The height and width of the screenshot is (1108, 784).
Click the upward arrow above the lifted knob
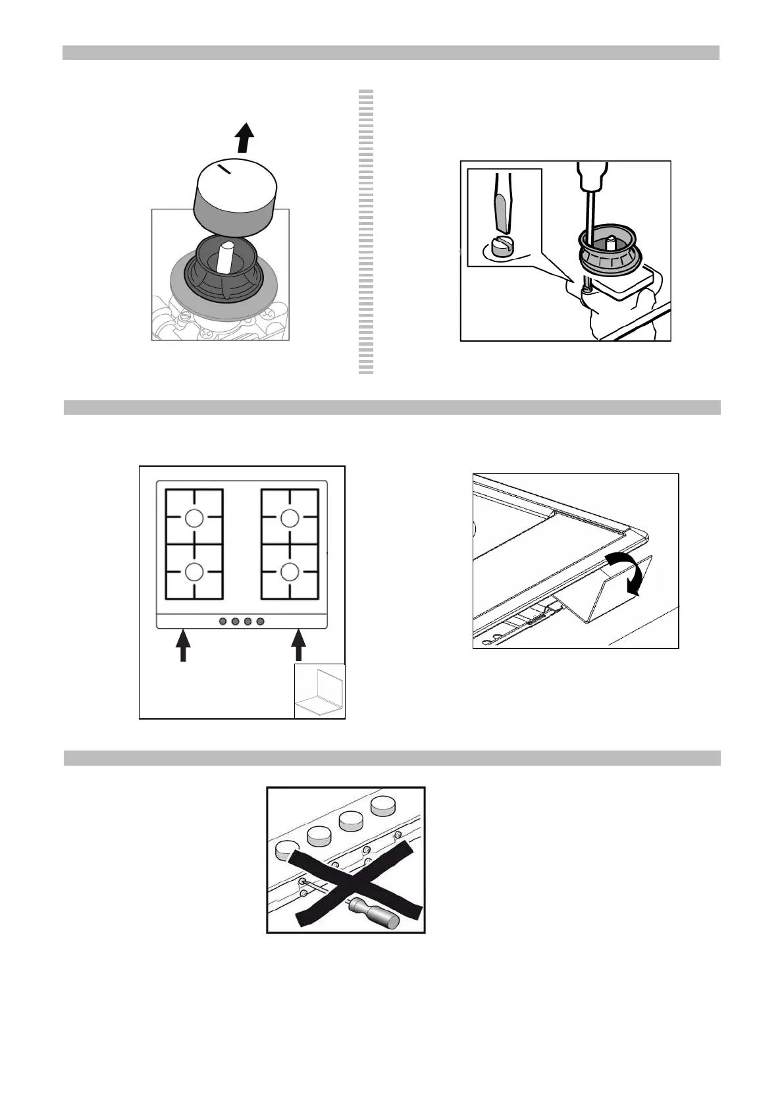244,138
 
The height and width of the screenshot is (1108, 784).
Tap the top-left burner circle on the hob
194,519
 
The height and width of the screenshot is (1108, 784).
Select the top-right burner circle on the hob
290,519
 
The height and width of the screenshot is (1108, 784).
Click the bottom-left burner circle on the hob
194,571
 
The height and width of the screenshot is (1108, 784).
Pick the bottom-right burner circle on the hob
290,571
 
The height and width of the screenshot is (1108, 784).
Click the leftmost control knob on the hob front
222,621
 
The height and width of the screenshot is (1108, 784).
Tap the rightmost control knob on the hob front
261,621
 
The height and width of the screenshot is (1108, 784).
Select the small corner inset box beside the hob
319,691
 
